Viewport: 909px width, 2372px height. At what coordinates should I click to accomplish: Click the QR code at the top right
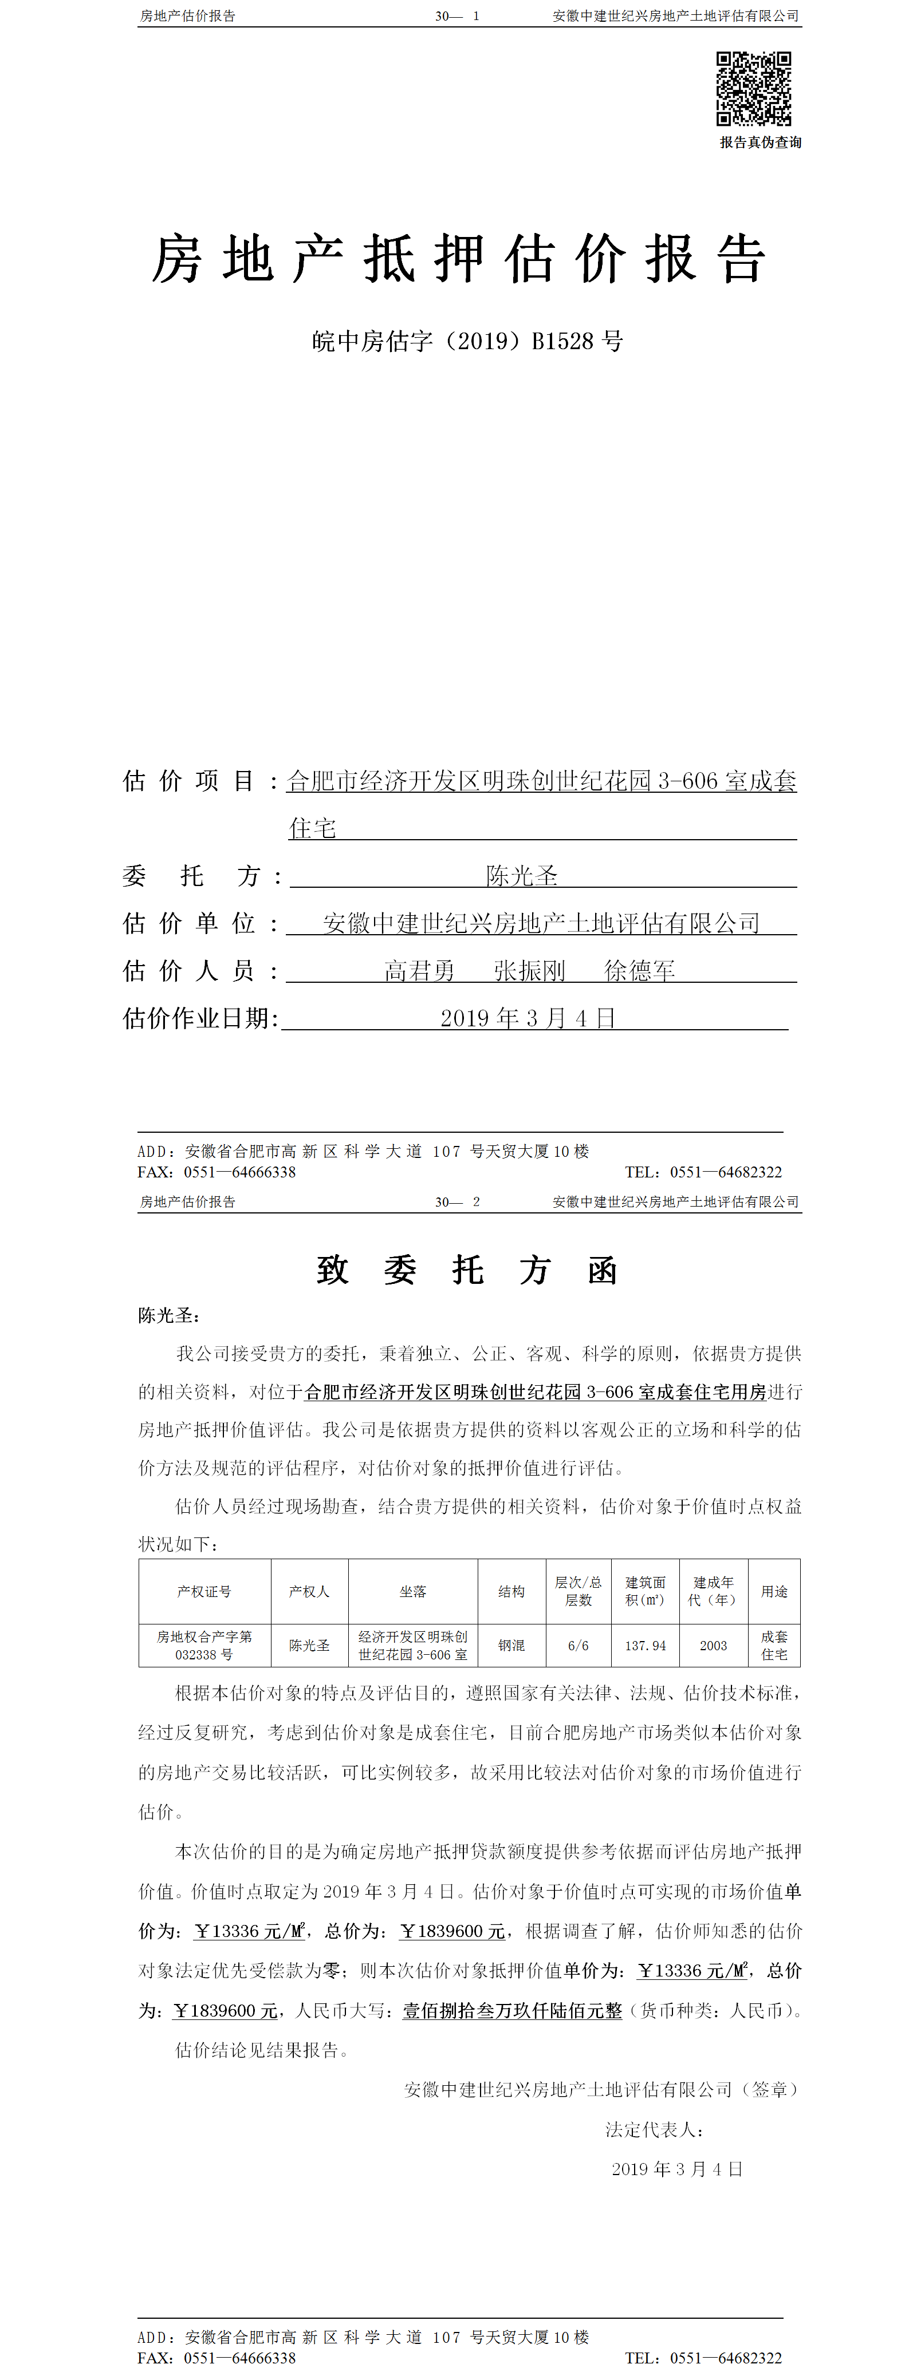pyautogui.click(x=753, y=88)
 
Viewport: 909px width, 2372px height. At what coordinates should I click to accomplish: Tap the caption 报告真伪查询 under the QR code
pyautogui.click(x=760, y=143)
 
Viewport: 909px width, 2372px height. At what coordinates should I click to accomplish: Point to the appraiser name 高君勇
pyautogui.click(x=419, y=971)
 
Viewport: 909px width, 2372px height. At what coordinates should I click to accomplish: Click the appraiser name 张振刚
pyautogui.click(x=529, y=971)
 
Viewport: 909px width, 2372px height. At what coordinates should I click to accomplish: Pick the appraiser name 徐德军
pyautogui.click(x=639, y=971)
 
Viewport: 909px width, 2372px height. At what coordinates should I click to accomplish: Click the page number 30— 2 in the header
pyautogui.click(x=457, y=1201)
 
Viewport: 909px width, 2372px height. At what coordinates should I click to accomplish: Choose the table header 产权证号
pyautogui.click(x=204, y=1591)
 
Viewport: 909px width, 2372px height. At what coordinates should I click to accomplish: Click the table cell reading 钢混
pyautogui.click(x=511, y=1646)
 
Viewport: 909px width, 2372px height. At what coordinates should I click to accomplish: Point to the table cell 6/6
pyautogui.click(x=579, y=1646)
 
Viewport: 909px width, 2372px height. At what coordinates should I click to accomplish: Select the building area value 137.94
pyautogui.click(x=645, y=1646)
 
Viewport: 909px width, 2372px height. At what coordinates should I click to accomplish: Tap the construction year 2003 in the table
pyautogui.click(x=713, y=1646)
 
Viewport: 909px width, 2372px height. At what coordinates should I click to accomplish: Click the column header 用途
pyautogui.click(x=774, y=1591)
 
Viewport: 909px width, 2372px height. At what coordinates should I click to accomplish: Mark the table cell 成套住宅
pyautogui.click(x=774, y=1646)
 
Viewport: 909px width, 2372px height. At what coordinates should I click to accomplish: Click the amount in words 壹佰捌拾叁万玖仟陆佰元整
pyautogui.click(x=512, y=2011)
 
